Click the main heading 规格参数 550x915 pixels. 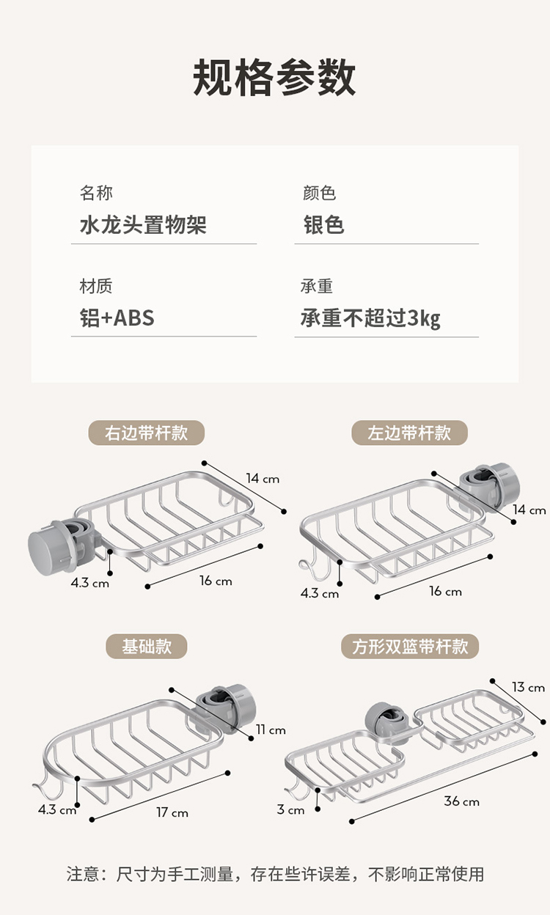(x=275, y=78)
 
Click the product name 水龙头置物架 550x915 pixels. (x=143, y=224)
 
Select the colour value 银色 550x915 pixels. (x=323, y=224)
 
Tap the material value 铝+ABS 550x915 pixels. (x=117, y=318)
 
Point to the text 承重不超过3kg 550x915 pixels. (x=370, y=318)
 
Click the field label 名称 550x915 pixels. (x=96, y=194)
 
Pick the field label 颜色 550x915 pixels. (x=319, y=194)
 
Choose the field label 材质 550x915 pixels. (x=96, y=287)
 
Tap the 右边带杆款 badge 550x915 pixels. (x=146, y=433)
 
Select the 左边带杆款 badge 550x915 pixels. (x=409, y=433)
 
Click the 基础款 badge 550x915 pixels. (x=147, y=647)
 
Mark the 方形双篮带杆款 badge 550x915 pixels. (x=409, y=647)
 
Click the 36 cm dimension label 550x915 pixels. (x=461, y=801)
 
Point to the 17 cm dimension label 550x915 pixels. (x=172, y=812)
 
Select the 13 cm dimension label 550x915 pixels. (x=528, y=687)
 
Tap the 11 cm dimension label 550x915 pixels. (x=271, y=730)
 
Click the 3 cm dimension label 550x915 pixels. (x=290, y=810)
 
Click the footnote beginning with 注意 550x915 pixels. (x=275, y=874)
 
